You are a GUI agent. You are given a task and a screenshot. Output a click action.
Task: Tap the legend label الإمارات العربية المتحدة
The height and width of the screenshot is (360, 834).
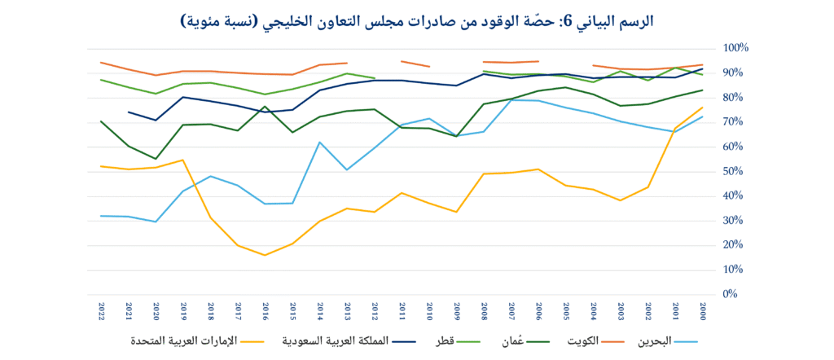[193, 341]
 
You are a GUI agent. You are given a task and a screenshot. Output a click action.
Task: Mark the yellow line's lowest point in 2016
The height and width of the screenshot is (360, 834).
[266, 255]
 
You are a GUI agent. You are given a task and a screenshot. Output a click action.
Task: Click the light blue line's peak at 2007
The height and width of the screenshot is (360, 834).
[511, 100]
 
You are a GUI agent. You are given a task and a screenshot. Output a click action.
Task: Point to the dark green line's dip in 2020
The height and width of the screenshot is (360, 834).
[156, 159]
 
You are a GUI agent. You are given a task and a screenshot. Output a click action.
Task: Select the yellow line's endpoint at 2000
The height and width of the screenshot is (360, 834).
[702, 108]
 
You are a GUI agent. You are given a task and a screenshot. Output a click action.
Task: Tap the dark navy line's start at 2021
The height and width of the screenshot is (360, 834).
[129, 112]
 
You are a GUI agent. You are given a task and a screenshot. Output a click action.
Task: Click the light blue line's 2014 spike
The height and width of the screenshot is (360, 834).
[320, 143]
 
